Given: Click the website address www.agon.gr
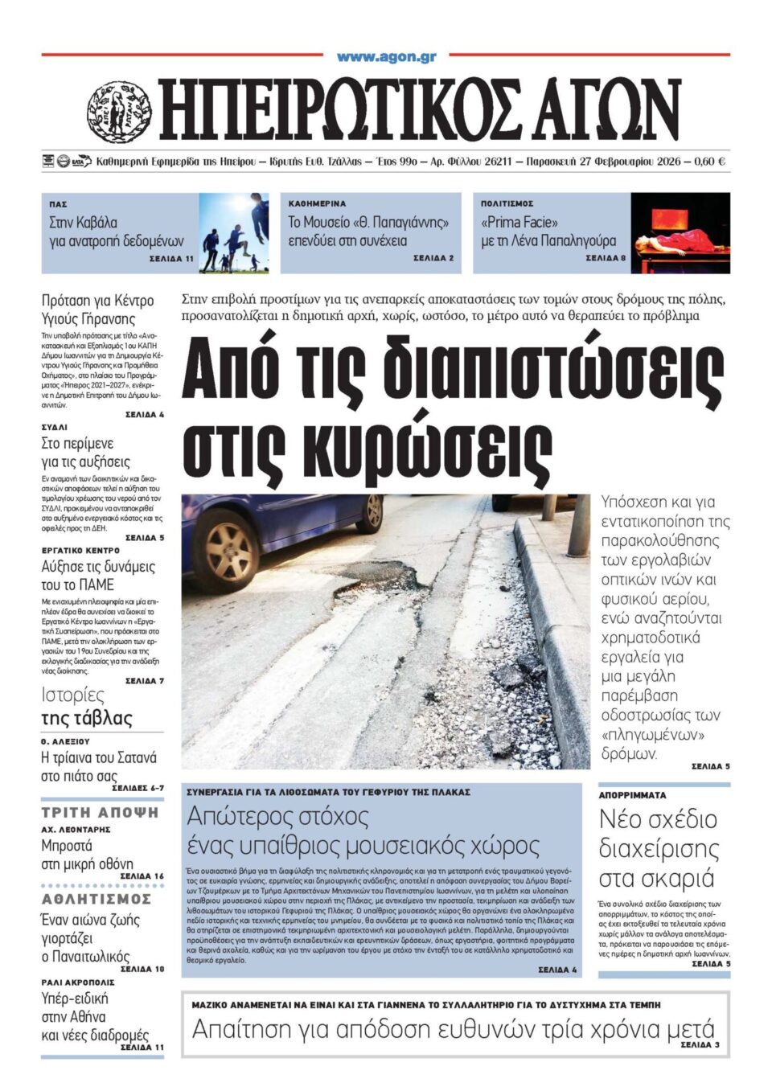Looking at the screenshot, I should point(386,57).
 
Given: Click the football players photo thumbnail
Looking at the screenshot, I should point(233,232).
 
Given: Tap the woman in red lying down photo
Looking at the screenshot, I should point(680,232).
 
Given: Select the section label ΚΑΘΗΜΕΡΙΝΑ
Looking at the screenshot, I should point(317,204).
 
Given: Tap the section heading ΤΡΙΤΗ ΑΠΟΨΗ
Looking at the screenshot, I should point(101,813).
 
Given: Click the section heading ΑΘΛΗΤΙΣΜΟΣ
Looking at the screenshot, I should point(96,899).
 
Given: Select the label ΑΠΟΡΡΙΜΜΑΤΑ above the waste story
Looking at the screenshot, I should point(632,795).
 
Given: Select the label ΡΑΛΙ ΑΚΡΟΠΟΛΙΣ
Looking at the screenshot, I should point(78,982).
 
